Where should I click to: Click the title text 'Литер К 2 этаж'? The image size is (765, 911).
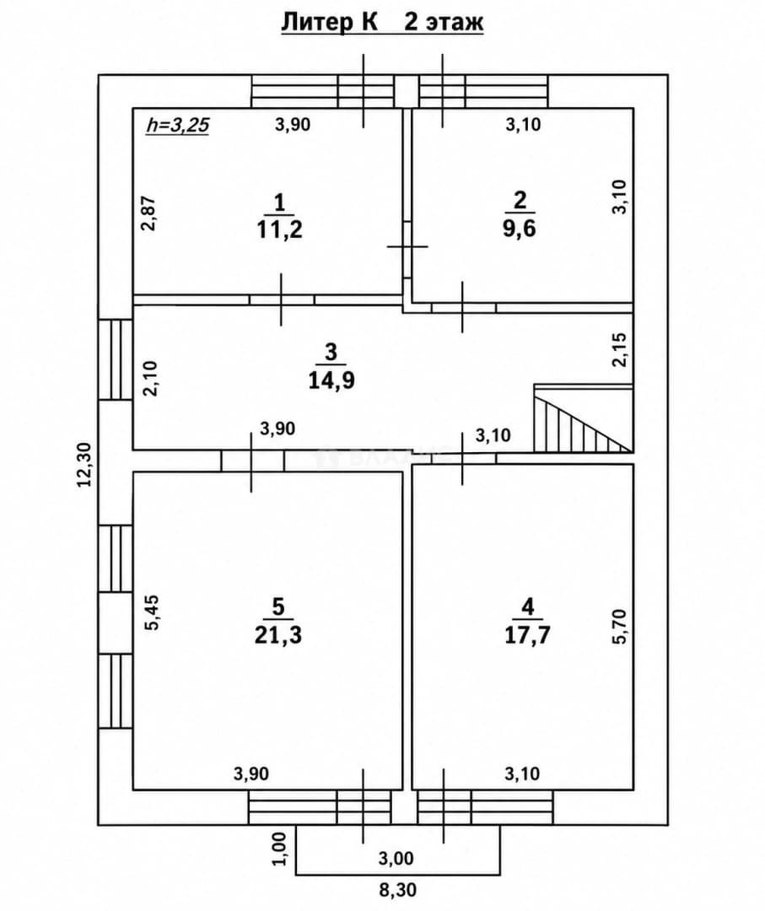tap(382, 23)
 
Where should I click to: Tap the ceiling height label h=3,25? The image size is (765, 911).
tap(177, 124)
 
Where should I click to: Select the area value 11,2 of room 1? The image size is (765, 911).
tap(279, 230)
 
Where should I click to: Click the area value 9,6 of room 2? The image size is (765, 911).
tap(520, 229)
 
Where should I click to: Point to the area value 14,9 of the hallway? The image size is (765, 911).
tap(331, 380)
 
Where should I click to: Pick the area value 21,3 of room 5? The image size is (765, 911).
tap(278, 635)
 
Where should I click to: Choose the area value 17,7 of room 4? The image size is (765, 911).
tap(527, 635)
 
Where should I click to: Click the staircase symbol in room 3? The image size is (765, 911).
tap(583, 418)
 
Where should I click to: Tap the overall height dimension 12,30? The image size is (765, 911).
tap(85, 464)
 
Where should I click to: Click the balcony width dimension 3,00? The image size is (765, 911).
tap(396, 858)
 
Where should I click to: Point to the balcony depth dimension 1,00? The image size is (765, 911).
tap(279, 849)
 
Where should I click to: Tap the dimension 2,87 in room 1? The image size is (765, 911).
tap(150, 213)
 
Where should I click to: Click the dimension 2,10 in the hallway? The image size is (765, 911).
tap(150, 378)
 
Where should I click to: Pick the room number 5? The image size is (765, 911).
tap(278, 606)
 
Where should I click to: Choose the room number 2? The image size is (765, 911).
tap(520, 200)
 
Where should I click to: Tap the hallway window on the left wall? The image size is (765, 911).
tap(116, 359)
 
